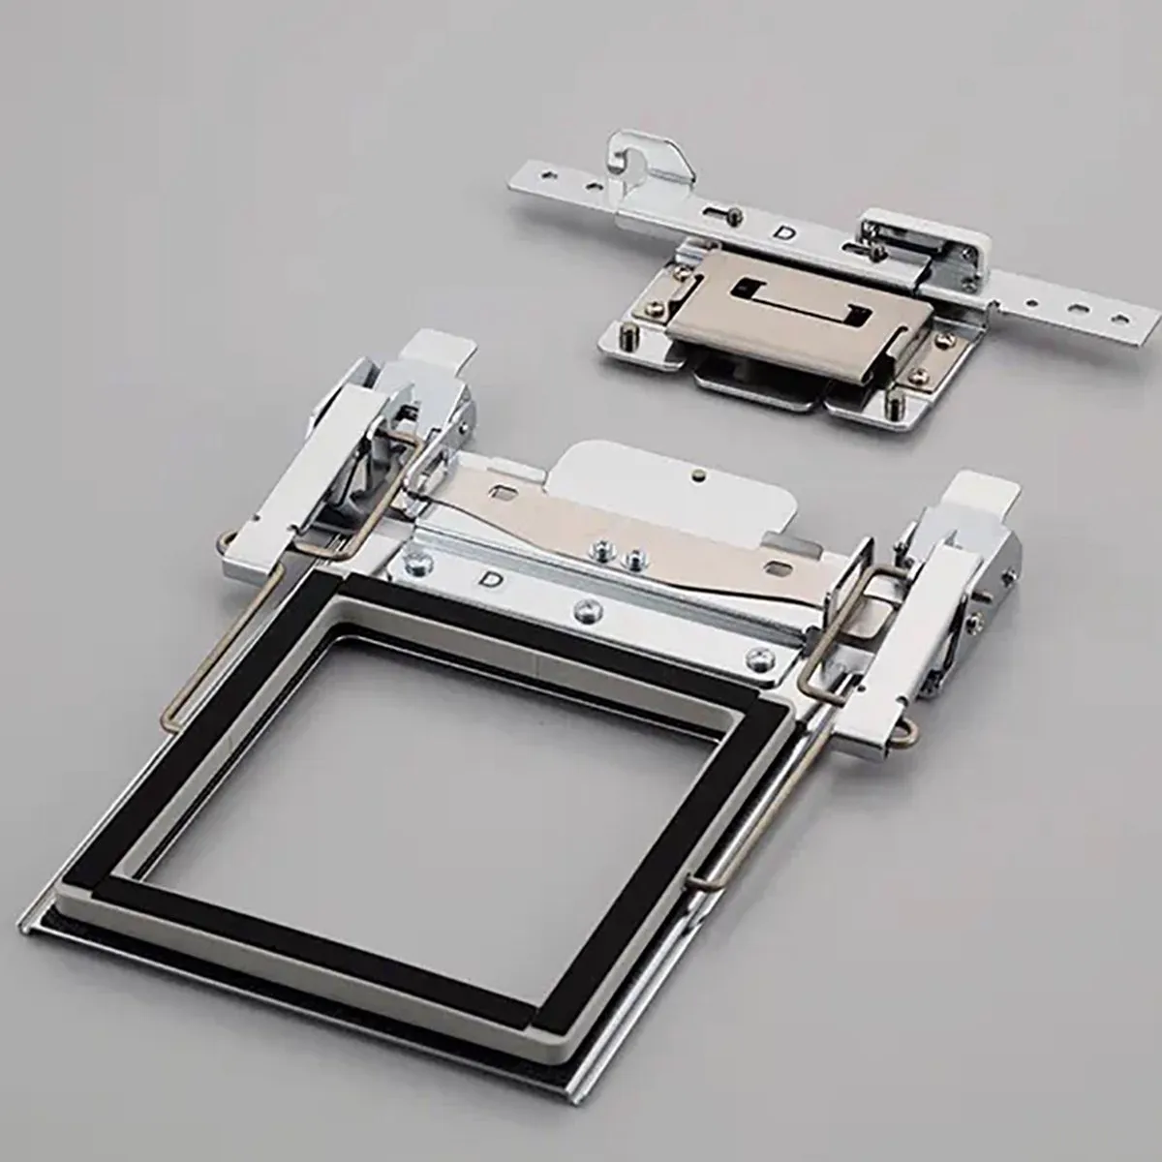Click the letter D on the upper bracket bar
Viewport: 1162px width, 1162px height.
tap(786, 233)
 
